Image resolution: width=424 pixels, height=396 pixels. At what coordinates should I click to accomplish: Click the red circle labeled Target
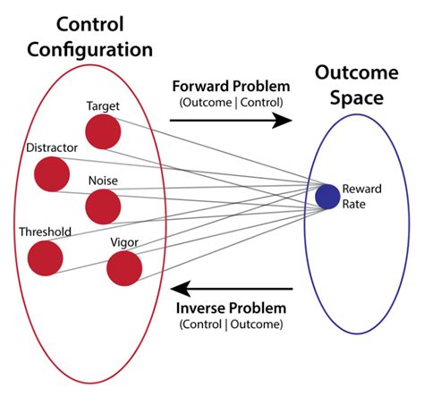[x=103, y=132]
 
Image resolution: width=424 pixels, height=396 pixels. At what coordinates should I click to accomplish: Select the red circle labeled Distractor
[x=52, y=173]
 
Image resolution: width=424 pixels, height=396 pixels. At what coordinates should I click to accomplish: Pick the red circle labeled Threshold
[x=45, y=257]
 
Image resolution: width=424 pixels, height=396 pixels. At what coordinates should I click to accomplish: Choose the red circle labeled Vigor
[x=124, y=267]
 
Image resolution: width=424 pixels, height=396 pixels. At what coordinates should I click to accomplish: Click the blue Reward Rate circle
[x=327, y=196]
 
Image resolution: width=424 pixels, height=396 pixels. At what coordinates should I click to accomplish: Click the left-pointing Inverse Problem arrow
[x=233, y=289]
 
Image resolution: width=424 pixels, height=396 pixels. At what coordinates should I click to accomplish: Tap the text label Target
[x=103, y=106]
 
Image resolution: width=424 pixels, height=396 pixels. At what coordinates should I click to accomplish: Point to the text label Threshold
[x=45, y=232]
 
